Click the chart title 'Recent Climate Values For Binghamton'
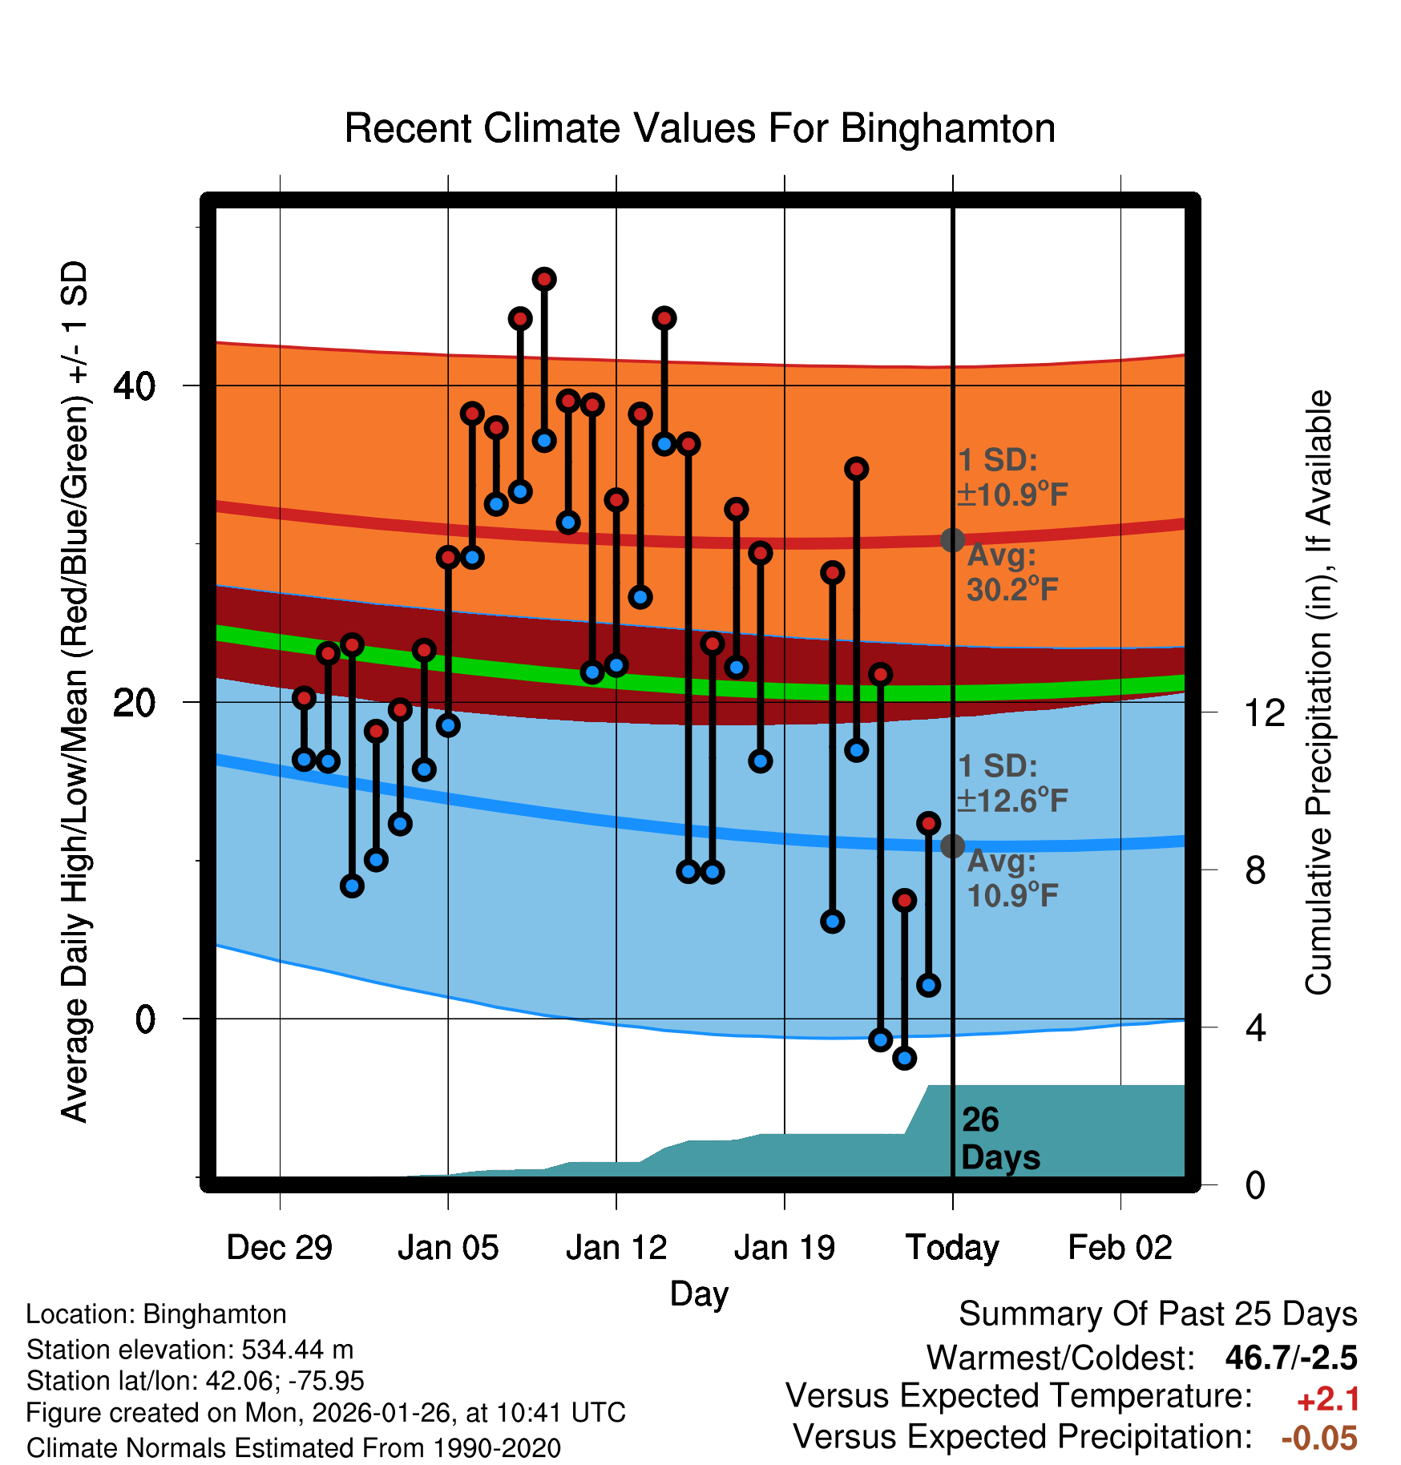(x=700, y=129)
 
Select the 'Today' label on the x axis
(x=952, y=1248)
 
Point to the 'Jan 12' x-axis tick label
(x=616, y=1248)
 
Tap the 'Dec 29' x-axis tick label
(x=279, y=1248)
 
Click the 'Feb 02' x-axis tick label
(x=1120, y=1248)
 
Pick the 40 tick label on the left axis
(x=135, y=386)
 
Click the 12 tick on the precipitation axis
(x=1264, y=712)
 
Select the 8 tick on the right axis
(x=1256, y=870)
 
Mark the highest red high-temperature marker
(x=544, y=279)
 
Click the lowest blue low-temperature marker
(x=904, y=1058)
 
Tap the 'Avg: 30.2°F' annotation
(x=1011, y=573)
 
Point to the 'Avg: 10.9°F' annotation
(x=1011, y=878)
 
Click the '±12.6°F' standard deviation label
(x=1013, y=801)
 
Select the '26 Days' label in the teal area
(x=999, y=1139)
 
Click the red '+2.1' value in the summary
(x=1328, y=1399)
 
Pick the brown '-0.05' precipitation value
(x=1319, y=1438)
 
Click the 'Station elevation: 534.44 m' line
(x=190, y=1350)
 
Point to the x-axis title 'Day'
(x=699, y=1293)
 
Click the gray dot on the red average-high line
(x=952, y=540)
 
